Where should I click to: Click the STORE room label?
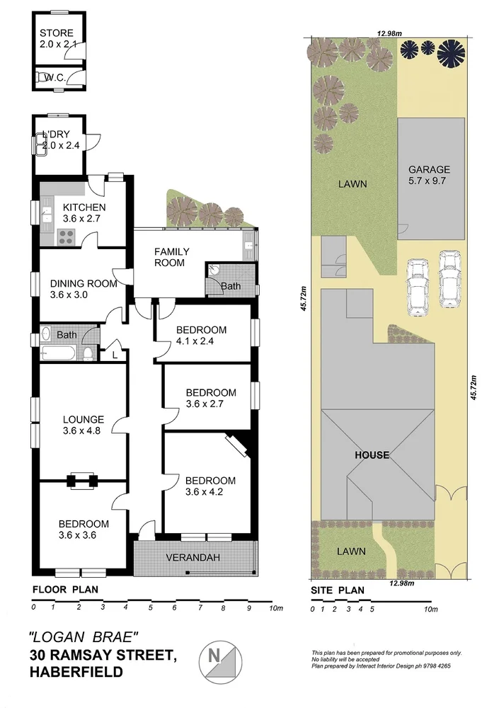(x=57, y=33)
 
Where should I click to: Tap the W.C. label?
(x=54, y=76)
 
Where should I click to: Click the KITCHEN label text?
(x=84, y=207)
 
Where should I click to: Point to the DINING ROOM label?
(x=83, y=284)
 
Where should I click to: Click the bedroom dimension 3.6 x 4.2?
(x=210, y=493)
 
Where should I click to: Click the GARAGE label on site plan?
(x=429, y=170)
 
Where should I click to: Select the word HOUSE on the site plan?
(x=372, y=455)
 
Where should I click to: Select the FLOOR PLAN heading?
(x=66, y=589)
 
